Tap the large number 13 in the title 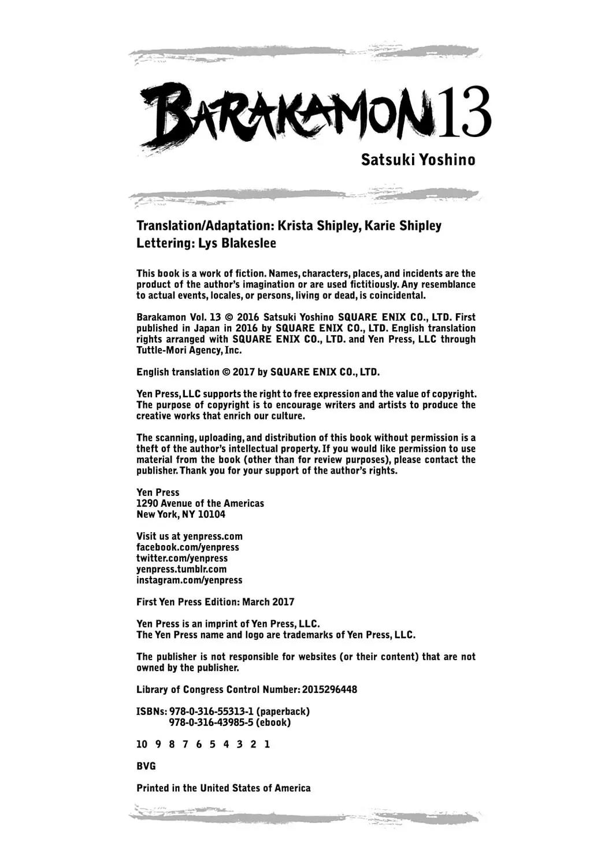pyautogui.click(x=463, y=113)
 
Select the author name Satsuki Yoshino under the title pyautogui.click(x=418, y=160)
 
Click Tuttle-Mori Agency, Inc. pyautogui.click(x=189, y=350)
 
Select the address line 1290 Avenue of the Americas pyautogui.click(x=200, y=503)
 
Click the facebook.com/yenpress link pyautogui.click(x=187, y=547)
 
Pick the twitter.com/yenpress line pyautogui.click(x=182, y=558)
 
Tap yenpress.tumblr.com pyautogui.click(x=181, y=569)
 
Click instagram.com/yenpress pyautogui.click(x=190, y=580)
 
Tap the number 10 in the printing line pyautogui.click(x=142, y=744)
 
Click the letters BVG pyautogui.click(x=146, y=766)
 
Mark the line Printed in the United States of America pyautogui.click(x=223, y=788)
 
